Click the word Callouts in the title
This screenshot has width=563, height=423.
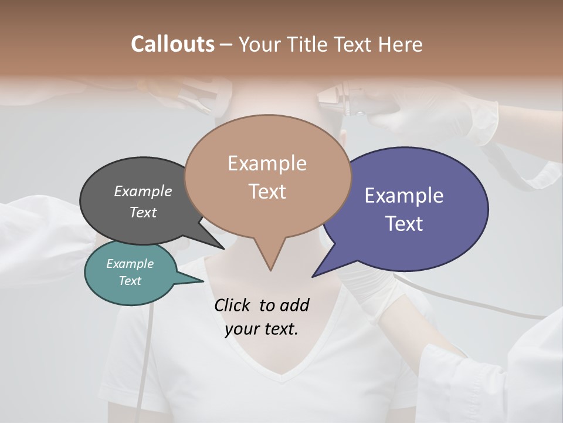click(172, 44)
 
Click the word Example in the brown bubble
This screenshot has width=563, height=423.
click(267, 163)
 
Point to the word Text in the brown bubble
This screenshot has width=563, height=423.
click(267, 192)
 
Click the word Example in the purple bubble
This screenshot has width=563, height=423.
click(404, 196)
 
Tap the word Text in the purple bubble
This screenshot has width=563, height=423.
click(404, 224)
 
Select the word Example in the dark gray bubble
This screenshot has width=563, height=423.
click(143, 191)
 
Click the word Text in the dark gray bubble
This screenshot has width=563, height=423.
click(143, 212)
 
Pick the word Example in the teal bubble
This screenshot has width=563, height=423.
click(130, 264)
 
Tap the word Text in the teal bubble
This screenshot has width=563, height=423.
click(130, 281)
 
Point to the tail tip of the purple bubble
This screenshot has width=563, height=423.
click(316, 274)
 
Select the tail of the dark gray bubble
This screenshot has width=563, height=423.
click(218, 244)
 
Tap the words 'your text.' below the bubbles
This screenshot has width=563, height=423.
click(261, 329)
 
